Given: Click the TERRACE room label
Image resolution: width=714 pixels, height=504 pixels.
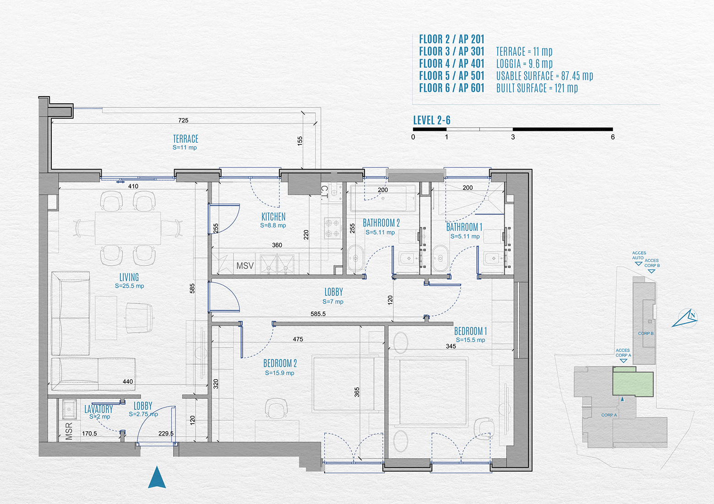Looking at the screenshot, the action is [185, 139].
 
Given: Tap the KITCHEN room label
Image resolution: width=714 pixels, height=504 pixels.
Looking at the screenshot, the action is [273, 217].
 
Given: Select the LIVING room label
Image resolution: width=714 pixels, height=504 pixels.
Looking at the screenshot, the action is [129, 277].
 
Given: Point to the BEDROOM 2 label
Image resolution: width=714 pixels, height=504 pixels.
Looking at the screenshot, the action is [280, 363].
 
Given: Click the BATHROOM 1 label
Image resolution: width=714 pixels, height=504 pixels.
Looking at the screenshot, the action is [464, 227].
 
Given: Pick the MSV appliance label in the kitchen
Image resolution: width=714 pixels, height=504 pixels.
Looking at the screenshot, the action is [245, 266].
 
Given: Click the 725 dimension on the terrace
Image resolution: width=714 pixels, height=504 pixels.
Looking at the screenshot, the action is [183, 120].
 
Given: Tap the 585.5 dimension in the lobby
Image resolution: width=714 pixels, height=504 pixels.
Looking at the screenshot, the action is [318, 314].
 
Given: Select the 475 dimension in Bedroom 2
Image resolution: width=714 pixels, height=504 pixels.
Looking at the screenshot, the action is [298, 339].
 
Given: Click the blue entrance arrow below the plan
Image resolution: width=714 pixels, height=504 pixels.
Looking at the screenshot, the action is [157, 477].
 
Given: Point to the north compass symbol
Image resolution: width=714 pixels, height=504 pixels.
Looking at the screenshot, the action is [685, 318].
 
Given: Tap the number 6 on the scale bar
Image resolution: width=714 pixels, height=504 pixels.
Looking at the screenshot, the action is [613, 137].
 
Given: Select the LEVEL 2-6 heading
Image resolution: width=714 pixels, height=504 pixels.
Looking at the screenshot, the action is [431, 120].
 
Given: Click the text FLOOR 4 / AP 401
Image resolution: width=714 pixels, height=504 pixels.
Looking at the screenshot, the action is [452, 64].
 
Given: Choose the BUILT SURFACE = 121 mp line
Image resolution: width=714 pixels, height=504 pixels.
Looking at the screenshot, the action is [537, 88].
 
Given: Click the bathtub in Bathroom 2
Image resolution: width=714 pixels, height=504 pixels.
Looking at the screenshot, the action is [383, 198].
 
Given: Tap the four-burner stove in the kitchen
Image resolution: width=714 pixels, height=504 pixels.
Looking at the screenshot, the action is [332, 228].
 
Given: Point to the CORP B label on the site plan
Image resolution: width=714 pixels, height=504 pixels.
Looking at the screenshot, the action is [646, 333].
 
